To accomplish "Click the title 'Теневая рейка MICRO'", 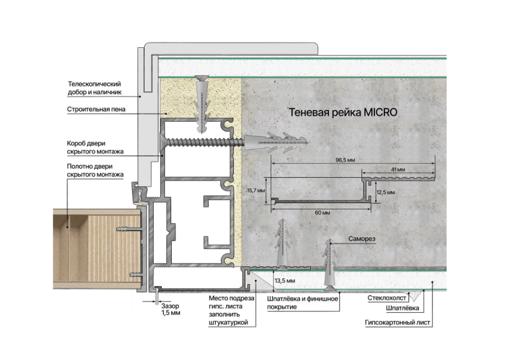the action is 343,112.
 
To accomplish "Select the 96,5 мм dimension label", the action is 345,160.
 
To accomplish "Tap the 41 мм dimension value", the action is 398,170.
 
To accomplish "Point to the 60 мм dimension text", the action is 322,212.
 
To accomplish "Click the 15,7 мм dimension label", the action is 256,190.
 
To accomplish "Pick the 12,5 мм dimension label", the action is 386,193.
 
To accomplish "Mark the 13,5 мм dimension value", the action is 285,281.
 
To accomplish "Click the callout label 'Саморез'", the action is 361,239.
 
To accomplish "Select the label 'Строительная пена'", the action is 96,109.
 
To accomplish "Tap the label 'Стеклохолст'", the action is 387,298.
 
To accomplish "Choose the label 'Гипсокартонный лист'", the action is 397,323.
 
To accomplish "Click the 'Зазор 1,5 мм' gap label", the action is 171,309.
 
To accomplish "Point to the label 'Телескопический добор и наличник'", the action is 95,88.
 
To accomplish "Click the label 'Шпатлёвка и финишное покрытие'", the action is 303,303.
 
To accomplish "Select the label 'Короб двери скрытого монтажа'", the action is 95,148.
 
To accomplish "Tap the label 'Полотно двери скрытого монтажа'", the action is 95,171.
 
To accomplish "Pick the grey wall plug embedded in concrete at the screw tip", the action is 276,142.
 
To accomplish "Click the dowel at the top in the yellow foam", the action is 202,104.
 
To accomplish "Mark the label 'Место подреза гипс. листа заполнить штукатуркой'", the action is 231,310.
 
